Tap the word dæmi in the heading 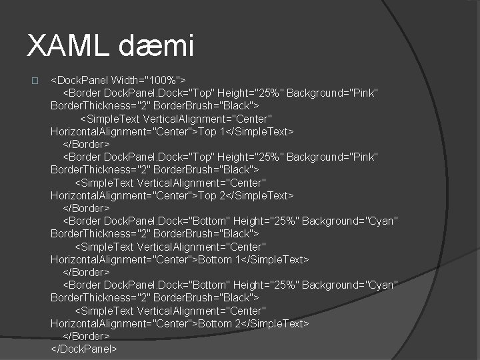point(157,46)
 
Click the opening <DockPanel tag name point(80,80)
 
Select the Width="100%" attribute point(148,80)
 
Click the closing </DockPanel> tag point(84,349)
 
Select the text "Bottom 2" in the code point(221,323)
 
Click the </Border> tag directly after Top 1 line point(86,144)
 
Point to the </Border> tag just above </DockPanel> point(86,336)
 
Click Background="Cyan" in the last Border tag point(350,285)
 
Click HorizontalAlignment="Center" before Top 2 point(121,195)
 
